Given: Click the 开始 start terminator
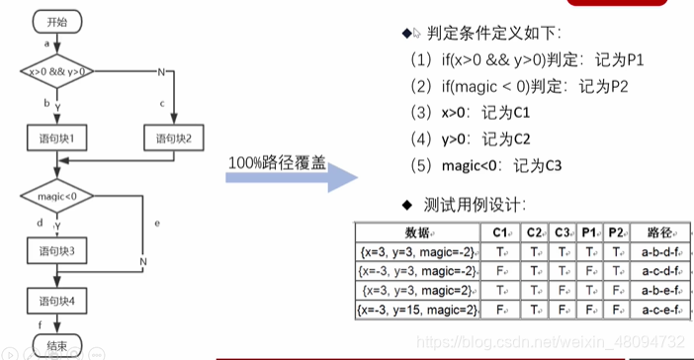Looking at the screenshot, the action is click(x=57, y=20).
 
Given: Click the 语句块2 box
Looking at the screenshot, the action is click(x=173, y=135).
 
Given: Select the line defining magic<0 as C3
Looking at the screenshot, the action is click(x=484, y=164).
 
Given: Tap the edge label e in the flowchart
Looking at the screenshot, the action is click(x=157, y=223).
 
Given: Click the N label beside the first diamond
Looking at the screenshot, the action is click(x=161, y=71).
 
